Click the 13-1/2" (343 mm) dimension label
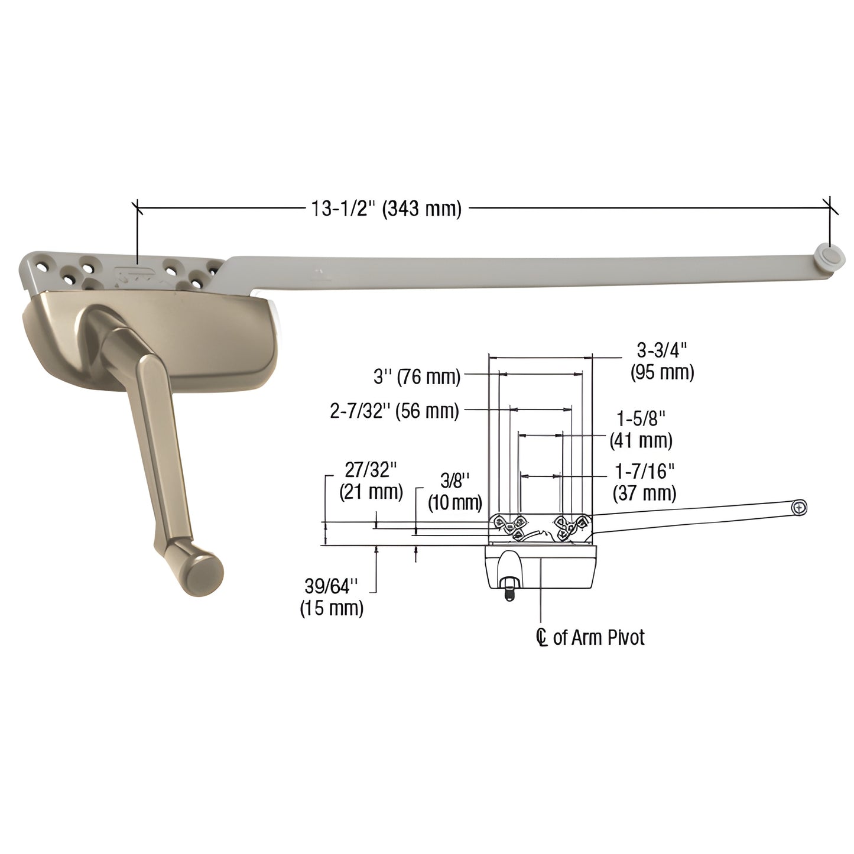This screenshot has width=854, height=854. [x=385, y=209]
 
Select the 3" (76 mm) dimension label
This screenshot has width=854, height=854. [x=417, y=376]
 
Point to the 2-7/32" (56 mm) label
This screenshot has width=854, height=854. [x=394, y=411]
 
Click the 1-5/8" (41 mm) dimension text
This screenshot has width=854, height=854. [x=641, y=429]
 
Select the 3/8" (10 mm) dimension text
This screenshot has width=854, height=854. [x=455, y=491]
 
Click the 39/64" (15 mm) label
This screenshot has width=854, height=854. [x=332, y=597]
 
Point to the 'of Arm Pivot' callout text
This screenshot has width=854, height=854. [x=598, y=637]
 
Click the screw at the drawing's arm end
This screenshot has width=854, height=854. [x=799, y=507]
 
